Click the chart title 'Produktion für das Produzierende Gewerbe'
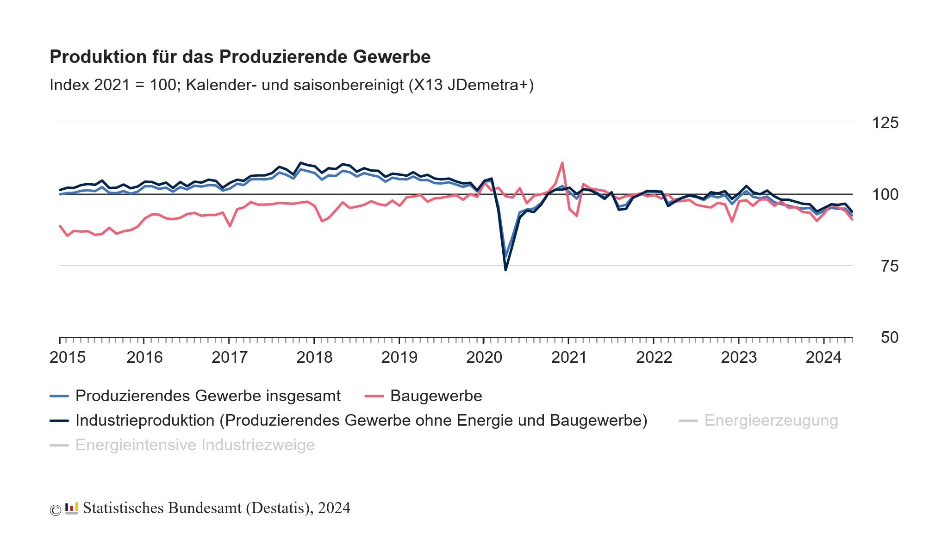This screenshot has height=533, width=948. (x=240, y=57)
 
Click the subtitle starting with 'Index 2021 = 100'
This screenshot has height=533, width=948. (x=292, y=85)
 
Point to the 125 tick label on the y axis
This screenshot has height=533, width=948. (x=885, y=123)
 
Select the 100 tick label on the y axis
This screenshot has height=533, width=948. (x=885, y=194)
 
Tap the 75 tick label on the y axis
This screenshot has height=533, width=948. (x=889, y=266)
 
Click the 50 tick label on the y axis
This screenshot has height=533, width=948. (x=889, y=338)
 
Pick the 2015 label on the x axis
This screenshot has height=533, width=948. (x=68, y=358)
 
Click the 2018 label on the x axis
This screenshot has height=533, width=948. (x=314, y=358)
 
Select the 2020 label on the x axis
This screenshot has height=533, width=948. (x=484, y=358)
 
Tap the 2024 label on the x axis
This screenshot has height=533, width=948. (x=823, y=358)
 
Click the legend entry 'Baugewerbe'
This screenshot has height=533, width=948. (x=436, y=396)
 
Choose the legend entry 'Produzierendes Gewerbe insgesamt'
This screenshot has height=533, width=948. (x=208, y=396)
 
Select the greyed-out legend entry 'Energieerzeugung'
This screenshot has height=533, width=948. (x=771, y=421)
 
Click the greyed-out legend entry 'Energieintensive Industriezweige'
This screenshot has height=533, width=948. (x=195, y=445)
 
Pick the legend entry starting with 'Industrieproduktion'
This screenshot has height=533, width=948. (x=361, y=421)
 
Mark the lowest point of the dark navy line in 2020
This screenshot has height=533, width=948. (x=505, y=270)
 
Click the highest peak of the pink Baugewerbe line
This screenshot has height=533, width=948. (x=562, y=163)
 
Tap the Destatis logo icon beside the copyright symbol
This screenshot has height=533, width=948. (x=71, y=508)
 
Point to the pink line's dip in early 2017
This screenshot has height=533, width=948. (x=230, y=226)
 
